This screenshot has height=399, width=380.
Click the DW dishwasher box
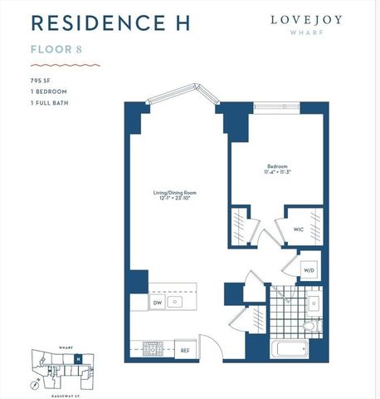[x=157, y=303]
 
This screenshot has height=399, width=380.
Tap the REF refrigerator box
[x=186, y=351]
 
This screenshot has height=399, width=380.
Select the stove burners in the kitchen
[x=153, y=349]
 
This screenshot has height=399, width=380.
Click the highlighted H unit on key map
[x=77, y=359]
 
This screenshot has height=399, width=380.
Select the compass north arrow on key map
[x=33, y=384]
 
